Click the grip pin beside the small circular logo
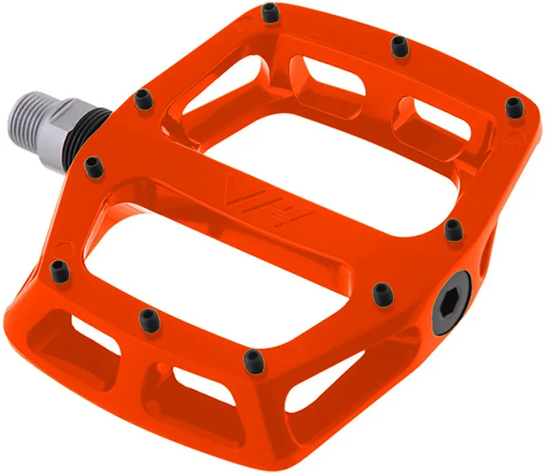513,105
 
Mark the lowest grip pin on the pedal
252,358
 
